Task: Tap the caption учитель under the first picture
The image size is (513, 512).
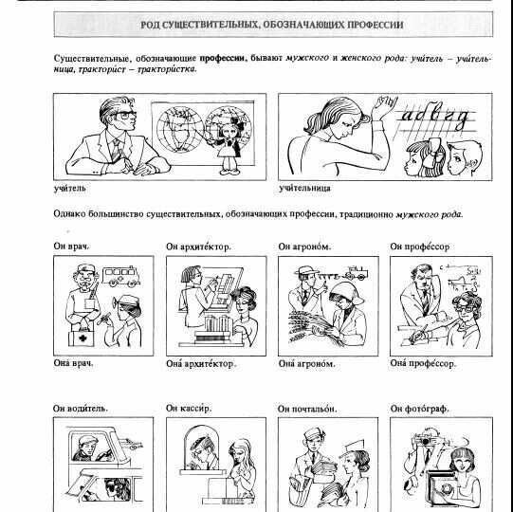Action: tap(69, 188)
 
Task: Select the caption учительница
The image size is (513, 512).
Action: tap(304, 188)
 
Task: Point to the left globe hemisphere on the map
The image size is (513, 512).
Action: tap(179, 130)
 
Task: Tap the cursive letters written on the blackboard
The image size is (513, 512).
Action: tap(435, 116)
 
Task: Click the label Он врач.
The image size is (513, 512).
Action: tap(72, 246)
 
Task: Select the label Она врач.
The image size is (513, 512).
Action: tap(73, 363)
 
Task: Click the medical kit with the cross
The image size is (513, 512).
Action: tap(82, 338)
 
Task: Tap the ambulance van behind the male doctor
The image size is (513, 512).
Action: tap(121, 277)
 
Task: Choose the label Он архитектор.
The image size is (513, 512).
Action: tap(198, 247)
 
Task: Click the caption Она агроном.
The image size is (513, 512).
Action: tap(307, 363)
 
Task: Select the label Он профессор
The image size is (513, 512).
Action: tap(420, 247)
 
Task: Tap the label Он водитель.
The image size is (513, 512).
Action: tap(81, 409)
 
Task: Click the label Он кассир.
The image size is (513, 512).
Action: tap(189, 409)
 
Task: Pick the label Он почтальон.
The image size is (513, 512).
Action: tap(307, 409)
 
